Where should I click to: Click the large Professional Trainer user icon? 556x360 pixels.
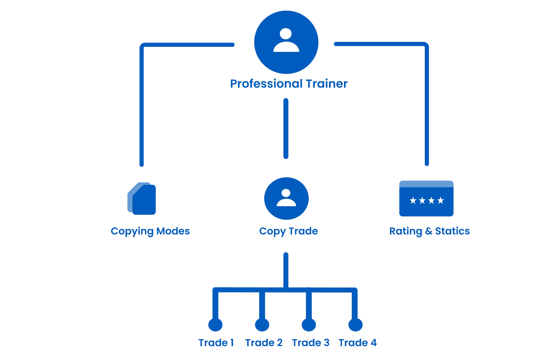point(286,42)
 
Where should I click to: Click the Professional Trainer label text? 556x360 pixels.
point(289,83)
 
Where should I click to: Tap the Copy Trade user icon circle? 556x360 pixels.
point(286,198)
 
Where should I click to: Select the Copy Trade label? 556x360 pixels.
point(288,231)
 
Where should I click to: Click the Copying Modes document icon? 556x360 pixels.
point(142,199)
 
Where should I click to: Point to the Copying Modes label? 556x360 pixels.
point(150,231)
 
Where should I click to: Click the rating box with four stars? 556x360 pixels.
point(426,199)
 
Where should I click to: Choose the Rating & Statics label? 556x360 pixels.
point(429,231)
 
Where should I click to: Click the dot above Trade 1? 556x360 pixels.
point(215,325)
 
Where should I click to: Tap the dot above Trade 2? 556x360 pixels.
point(262,325)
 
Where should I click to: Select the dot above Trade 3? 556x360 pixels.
point(308,325)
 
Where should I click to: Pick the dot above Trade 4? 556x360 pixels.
point(355,325)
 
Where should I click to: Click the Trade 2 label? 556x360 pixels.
point(264,343)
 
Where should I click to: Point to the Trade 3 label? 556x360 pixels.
point(311,343)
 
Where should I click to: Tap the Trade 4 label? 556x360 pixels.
point(358,343)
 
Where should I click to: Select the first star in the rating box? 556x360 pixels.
point(413,200)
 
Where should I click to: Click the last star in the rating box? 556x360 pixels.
point(440,200)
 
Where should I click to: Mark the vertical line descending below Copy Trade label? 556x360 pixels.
point(286,269)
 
